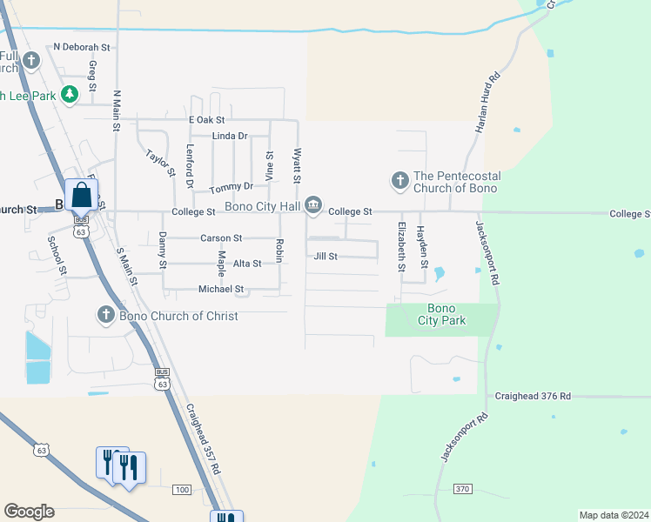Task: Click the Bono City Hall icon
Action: pyautogui.click(x=313, y=207)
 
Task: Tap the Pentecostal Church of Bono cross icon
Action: pyautogui.click(x=399, y=181)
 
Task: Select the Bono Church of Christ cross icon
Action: pyautogui.click(x=106, y=314)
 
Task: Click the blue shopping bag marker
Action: pyautogui.click(x=81, y=196)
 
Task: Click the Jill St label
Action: pyautogui.click(x=325, y=257)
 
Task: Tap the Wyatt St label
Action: pyautogui.click(x=297, y=165)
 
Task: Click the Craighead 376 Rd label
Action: pyautogui.click(x=533, y=396)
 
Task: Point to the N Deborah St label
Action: pyautogui.click(x=83, y=47)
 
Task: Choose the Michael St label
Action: pyautogui.click(x=221, y=288)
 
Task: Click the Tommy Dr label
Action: pyautogui.click(x=232, y=186)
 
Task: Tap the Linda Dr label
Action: pyautogui.click(x=230, y=136)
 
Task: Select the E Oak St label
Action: pyautogui.click(x=206, y=119)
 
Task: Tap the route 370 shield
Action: pyautogui.click(x=462, y=489)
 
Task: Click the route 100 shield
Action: pyautogui.click(x=181, y=490)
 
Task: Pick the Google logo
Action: pyautogui.click(x=29, y=512)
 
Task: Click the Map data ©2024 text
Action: pyautogui.click(x=613, y=515)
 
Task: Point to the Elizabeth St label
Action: pyautogui.click(x=402, y=248)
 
